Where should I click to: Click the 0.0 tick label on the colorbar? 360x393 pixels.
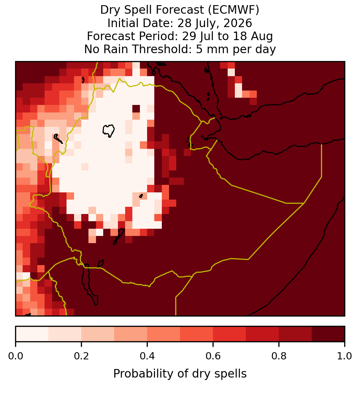(16, 356)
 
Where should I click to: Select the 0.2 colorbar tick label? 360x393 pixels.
(81, 356)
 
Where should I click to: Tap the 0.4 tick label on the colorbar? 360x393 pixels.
(147, 356)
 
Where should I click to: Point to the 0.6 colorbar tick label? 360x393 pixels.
(213, 356)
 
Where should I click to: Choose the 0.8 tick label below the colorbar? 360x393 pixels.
(279, 356)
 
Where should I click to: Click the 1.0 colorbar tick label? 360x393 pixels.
(345, 356)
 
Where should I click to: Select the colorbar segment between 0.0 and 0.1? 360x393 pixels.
(32, 334)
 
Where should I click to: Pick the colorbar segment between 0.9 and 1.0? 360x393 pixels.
(328, 334)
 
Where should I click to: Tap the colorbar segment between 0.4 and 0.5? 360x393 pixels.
(164, 334)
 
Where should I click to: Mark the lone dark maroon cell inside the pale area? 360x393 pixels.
(136, 109)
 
